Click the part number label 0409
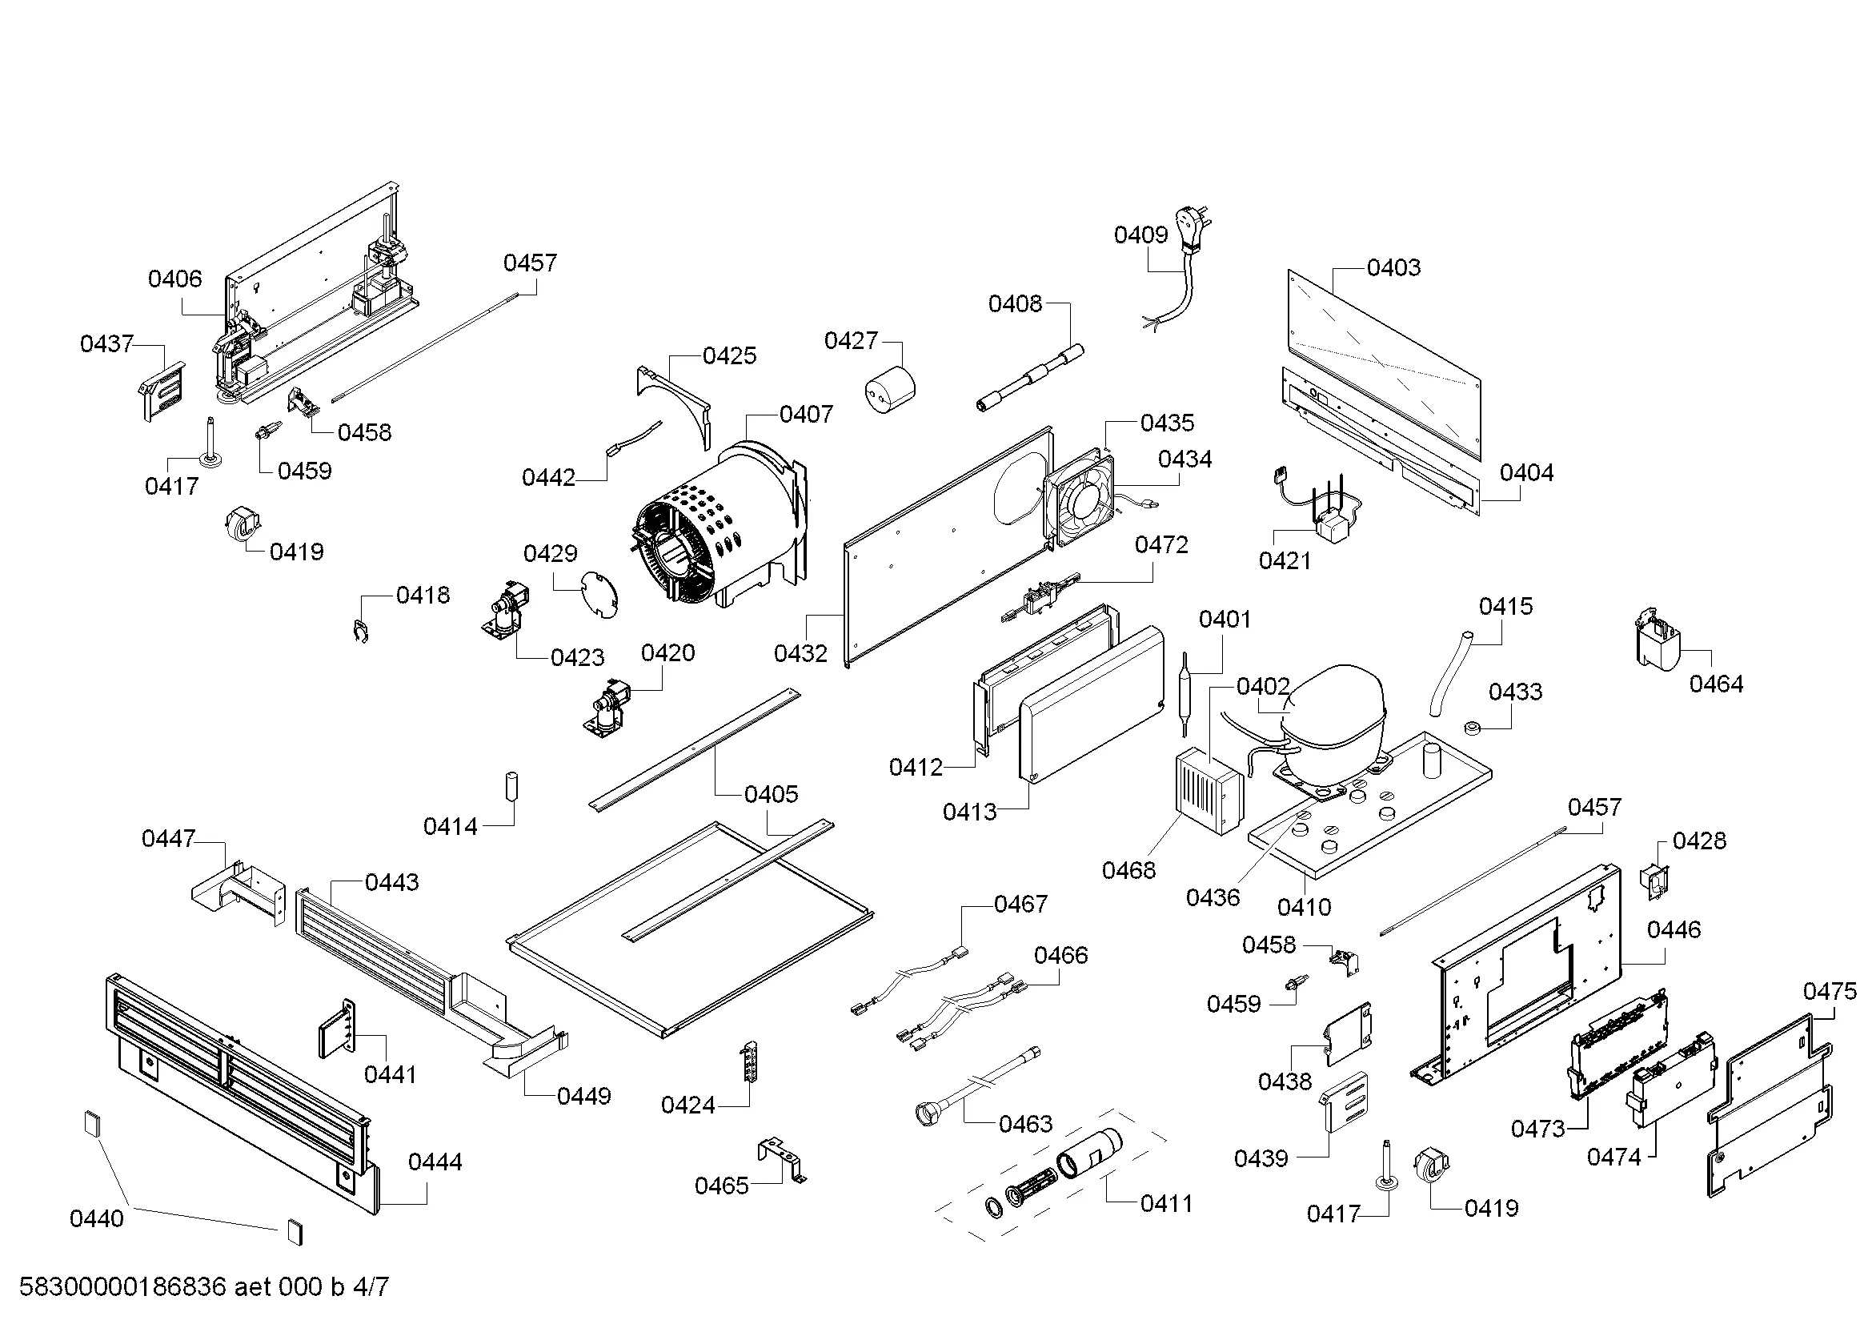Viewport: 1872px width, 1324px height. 1140,235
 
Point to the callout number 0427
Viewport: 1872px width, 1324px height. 851,341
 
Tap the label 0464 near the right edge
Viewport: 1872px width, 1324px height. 1715,684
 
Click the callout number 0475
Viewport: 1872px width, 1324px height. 1830,991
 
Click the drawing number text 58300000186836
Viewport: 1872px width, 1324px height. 122,1287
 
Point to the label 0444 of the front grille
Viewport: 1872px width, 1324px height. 435,1162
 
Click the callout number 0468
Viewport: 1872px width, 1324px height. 1128,871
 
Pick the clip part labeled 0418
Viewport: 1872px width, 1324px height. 360,630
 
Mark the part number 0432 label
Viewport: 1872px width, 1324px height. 800,653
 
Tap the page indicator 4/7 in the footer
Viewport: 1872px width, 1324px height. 371,1287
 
